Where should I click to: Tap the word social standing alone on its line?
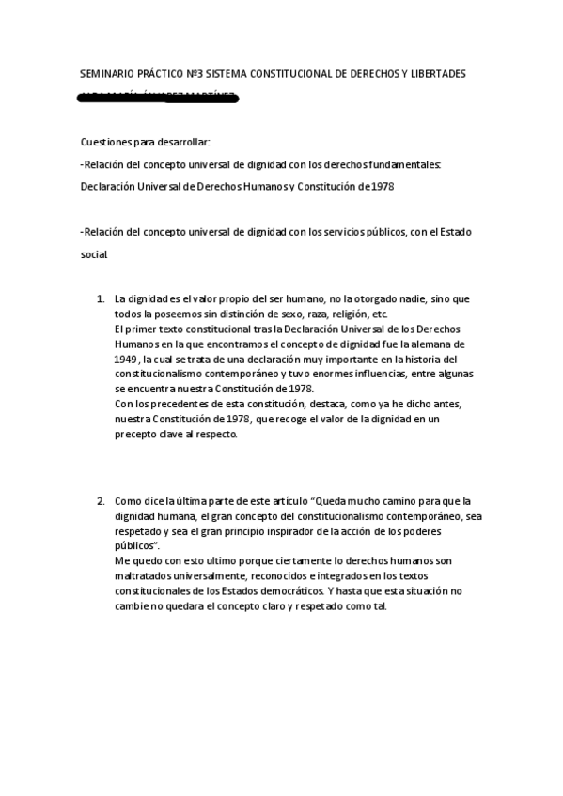[95, 254]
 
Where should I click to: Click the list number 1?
[101, 299]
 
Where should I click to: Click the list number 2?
[101, 501]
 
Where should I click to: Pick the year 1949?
[126, 360]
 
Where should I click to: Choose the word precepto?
[137, 435]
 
